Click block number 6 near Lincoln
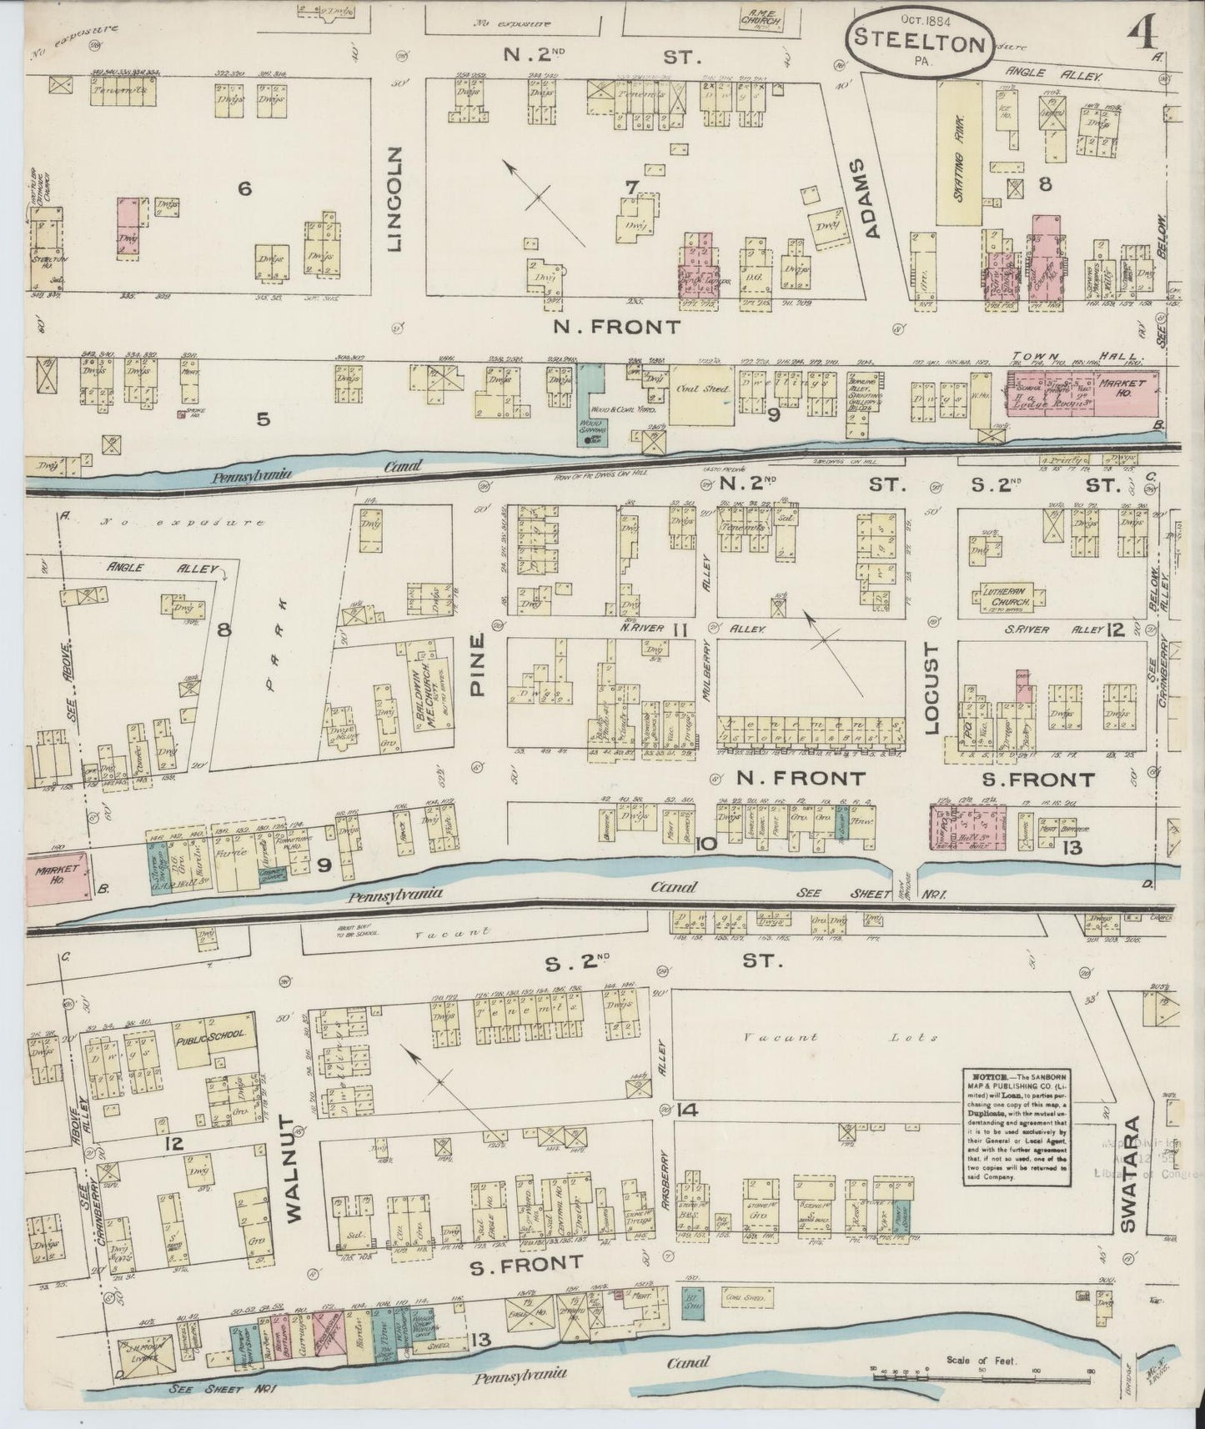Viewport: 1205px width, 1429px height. [x=244, y=190]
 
